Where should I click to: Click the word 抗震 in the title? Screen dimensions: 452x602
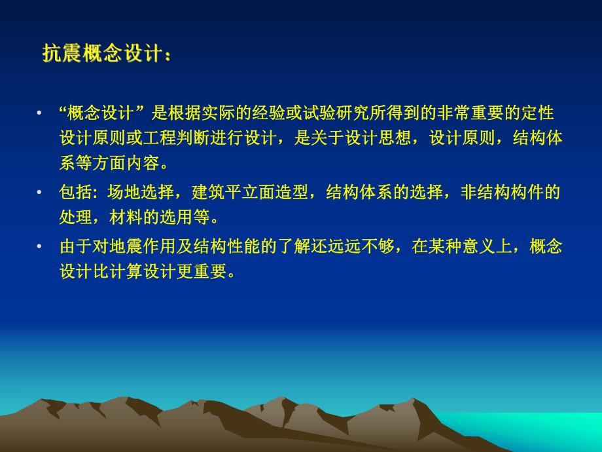(x=63, y=54)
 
